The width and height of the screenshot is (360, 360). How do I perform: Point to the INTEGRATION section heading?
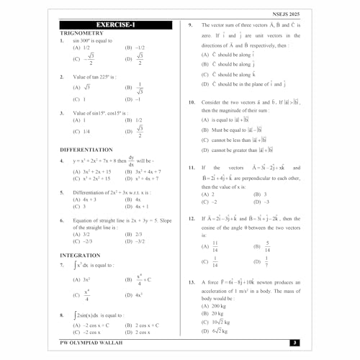[x=80, y=255]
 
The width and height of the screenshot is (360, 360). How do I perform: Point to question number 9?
[x=190, y=26]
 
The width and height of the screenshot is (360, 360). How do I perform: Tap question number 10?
[x=191, y=102]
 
